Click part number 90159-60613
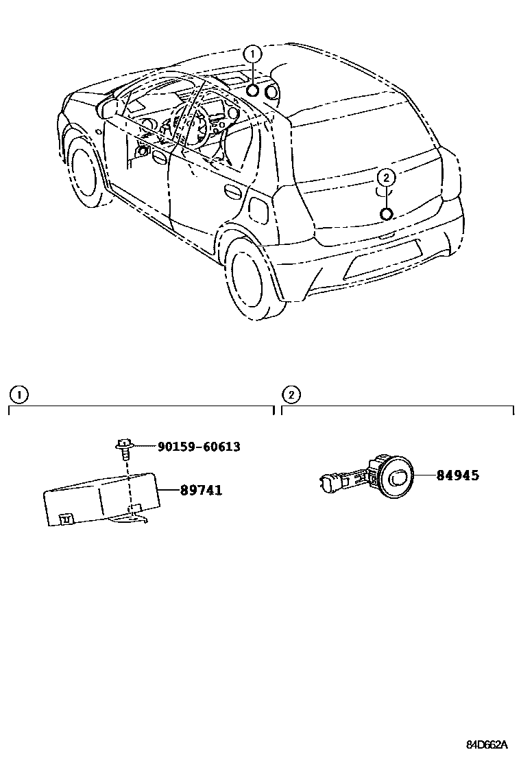(x=199, y=447)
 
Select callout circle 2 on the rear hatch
(x=386, y=178)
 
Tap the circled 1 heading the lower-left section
(x=18, y=395)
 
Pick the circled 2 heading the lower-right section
(x=291, y=395)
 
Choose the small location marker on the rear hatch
(x=386, y=213)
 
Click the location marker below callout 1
(x=253, y=90)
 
